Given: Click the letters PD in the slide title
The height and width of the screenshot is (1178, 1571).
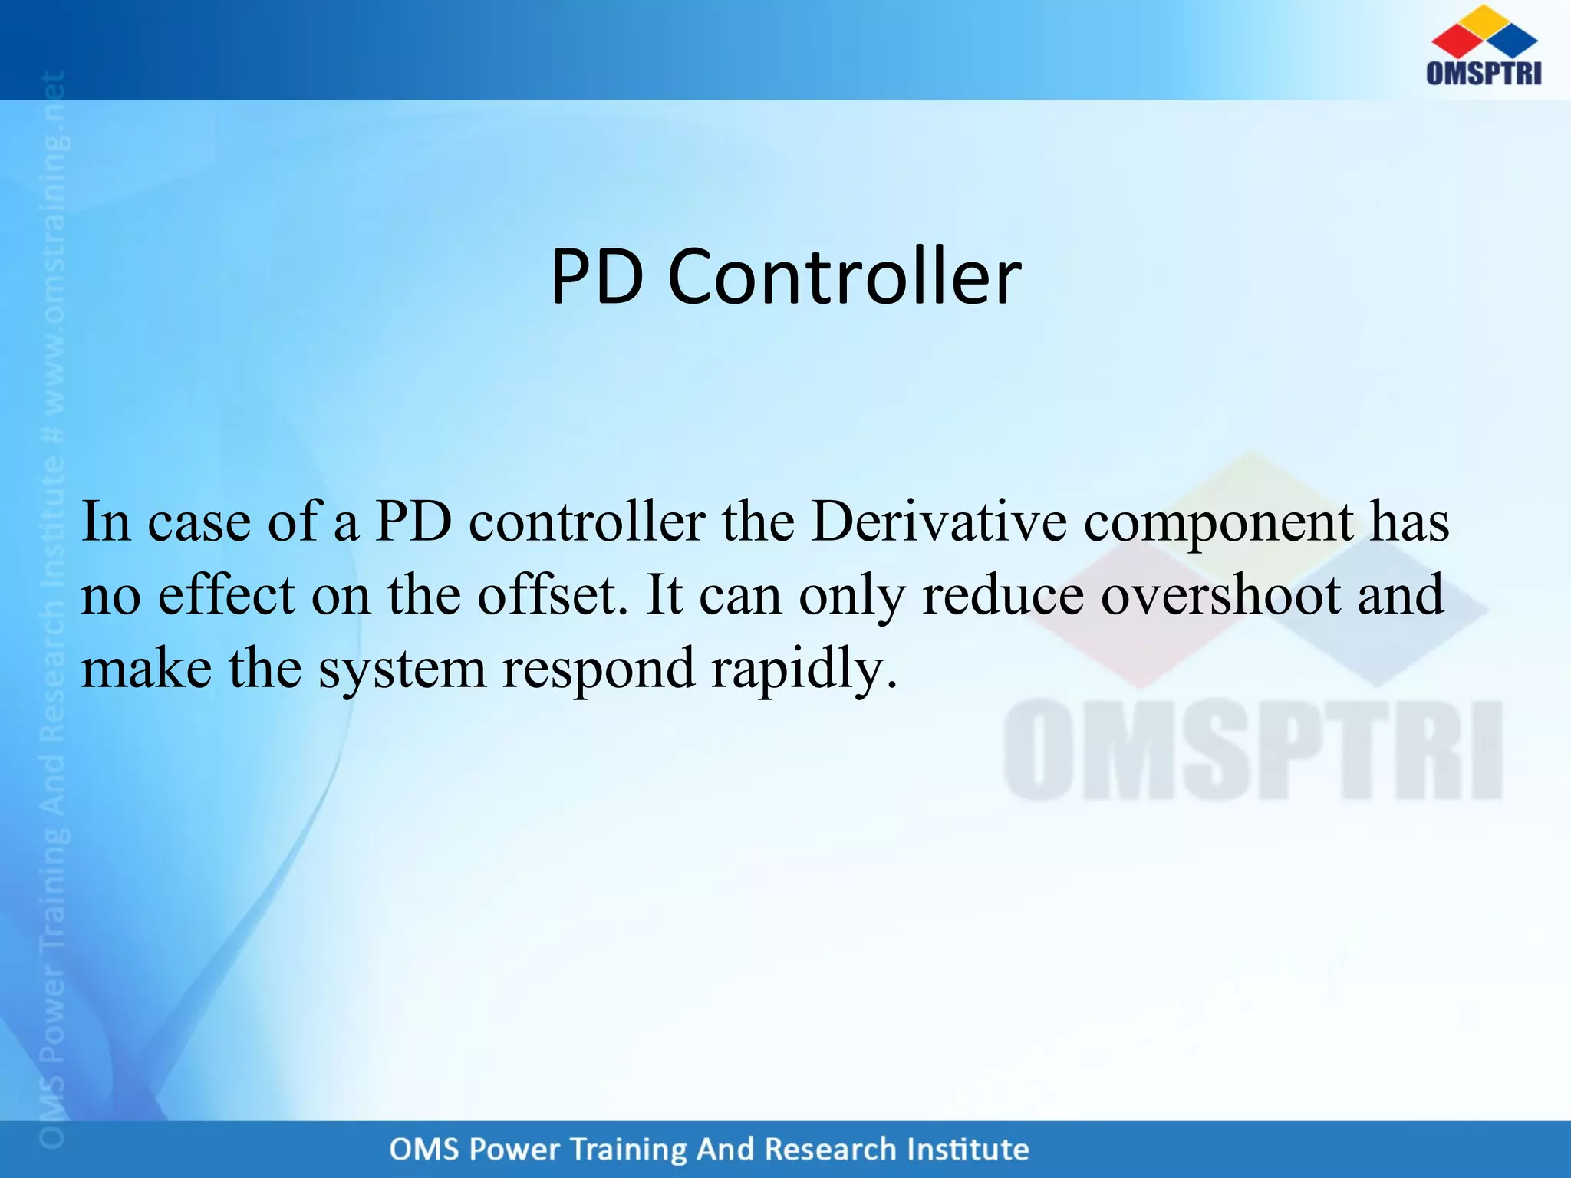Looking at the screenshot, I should point(597,277).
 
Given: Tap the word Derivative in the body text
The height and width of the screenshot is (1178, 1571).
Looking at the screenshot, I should point(938,522).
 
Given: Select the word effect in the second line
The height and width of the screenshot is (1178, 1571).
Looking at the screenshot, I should point(226,595).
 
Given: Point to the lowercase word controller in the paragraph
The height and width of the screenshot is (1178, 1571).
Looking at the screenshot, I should point(587,522).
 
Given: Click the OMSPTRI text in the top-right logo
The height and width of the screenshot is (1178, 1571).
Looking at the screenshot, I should point(1484,73).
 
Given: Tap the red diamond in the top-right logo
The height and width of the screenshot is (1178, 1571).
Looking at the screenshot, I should point(1456,40).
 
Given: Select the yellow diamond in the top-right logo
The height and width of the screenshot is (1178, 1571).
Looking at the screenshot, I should point(1484,18).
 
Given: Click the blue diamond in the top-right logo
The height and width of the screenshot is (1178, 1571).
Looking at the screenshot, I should point(1513,40).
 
